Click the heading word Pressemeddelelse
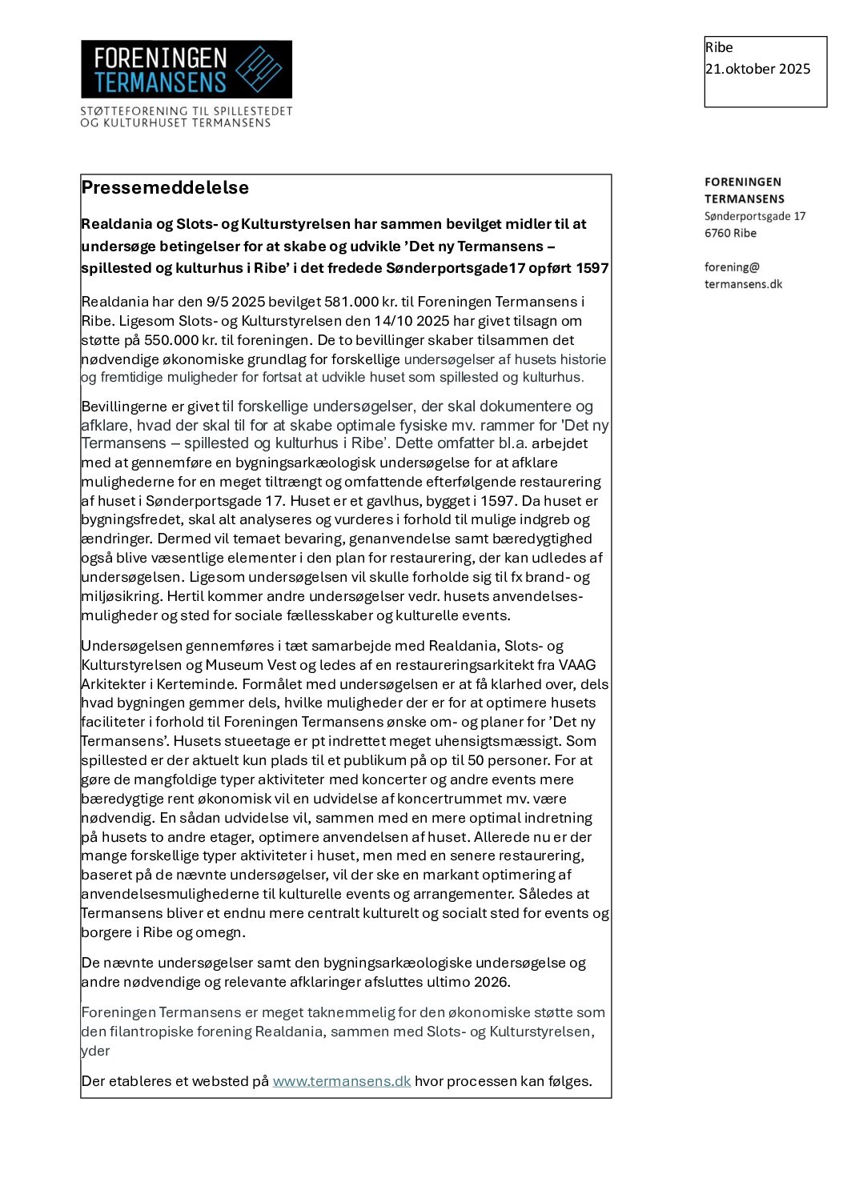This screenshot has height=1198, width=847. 165,187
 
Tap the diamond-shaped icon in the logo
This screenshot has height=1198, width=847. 259,69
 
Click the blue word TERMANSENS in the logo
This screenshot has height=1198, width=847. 160,82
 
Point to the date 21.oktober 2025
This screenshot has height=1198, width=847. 757,69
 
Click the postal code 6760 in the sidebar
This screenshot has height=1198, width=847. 717,233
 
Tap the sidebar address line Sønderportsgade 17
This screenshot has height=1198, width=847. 754,216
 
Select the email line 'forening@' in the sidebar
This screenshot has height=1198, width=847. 732,266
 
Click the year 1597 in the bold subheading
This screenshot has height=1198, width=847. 592,268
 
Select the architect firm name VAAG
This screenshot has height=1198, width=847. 577,665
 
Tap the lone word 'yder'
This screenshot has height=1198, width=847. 95,1051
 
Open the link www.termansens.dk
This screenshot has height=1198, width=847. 342,1081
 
